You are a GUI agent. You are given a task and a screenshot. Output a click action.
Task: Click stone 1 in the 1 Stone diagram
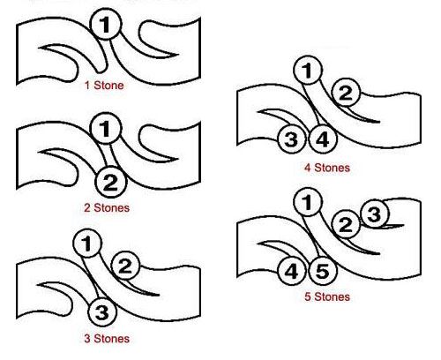(x=105, y=24)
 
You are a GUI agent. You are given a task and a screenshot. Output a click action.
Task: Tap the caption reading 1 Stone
(x=104, y=86)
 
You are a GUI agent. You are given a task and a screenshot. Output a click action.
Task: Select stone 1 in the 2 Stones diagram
(x=105, y=129)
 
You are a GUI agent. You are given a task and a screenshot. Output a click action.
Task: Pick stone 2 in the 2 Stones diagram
(x=110, y=182)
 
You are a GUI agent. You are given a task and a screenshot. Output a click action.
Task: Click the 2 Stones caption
(x=107, y=208)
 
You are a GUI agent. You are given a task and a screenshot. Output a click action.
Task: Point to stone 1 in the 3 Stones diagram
(x=87, y=244)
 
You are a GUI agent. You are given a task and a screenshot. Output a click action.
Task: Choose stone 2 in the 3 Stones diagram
(x=125, y=266)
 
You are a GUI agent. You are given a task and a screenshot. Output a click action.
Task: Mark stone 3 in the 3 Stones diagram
(x=102, y=311)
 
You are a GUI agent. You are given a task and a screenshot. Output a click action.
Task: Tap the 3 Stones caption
(x=107, y=339)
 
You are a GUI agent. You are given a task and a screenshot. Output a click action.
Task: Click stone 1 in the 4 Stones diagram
(x=308, y=71)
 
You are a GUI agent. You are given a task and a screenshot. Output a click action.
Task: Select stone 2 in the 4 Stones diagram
(x=346, y=93)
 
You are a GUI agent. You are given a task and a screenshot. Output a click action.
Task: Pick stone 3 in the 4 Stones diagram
(x=291, y=139)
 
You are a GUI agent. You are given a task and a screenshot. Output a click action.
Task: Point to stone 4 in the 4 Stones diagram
(x=323, y=139)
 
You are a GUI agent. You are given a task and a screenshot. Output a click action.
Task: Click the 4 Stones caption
(x=327, y=168)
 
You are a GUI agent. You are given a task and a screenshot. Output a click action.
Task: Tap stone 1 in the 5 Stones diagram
(x=308, y=202)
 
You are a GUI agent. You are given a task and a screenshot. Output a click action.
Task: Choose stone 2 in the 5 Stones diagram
(x=346, y=224)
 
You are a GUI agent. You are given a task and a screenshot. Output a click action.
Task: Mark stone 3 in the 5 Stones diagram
(x=375, y=214)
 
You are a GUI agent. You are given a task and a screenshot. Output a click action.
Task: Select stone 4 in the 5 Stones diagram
(x=291, y=271)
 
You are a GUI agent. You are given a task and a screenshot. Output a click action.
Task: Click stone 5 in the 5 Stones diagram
(x=323, y=271)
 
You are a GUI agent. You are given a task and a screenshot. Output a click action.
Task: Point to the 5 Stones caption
(x=327, y=296)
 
